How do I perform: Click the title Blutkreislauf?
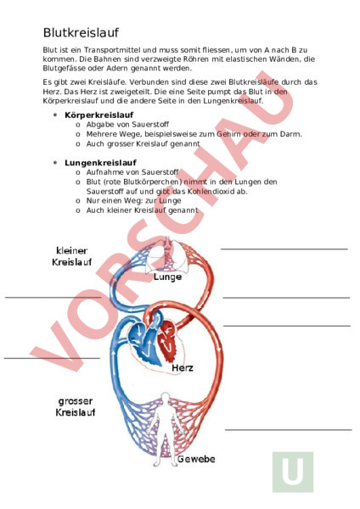[x=81, y=31]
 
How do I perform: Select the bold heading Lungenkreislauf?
[x=95, y=161]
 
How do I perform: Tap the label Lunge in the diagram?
[x=167, y=276]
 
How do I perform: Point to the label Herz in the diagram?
[x=183, y=368]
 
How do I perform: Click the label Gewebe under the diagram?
[x=195, y=459]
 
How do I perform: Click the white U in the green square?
[x=293, y=472]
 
